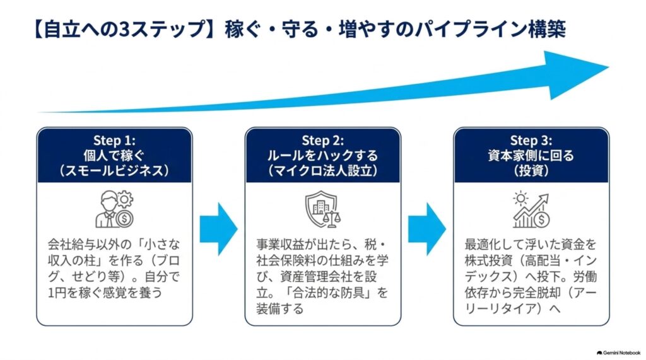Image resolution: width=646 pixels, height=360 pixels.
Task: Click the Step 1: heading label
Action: [114, 141]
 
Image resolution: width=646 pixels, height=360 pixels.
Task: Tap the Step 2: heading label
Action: [322, 141]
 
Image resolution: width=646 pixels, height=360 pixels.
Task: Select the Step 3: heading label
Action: [531, 141]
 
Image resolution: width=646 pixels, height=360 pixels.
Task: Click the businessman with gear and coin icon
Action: [115, 209]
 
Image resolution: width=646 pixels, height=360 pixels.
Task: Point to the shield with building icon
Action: [322, 209]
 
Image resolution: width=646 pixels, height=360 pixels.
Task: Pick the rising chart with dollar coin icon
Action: [531, 210]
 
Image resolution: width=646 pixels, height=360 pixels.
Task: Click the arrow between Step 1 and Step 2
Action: [219, 229]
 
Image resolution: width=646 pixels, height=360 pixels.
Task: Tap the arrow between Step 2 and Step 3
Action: [427, 229]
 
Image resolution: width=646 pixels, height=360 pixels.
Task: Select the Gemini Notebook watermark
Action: [618, 353]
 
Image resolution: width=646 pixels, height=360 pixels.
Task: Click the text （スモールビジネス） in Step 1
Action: [114, 170]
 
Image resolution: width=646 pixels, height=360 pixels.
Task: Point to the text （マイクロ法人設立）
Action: [322, 170]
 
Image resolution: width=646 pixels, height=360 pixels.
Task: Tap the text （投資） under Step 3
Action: [531, 170]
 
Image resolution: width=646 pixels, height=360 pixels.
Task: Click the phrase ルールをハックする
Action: [322, 156]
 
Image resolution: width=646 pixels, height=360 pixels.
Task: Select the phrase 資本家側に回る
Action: [531, 156]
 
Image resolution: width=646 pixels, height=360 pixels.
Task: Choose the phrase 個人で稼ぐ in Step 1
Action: [114, 156]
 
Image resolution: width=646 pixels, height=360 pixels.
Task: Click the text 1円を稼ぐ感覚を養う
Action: [105, 293]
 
